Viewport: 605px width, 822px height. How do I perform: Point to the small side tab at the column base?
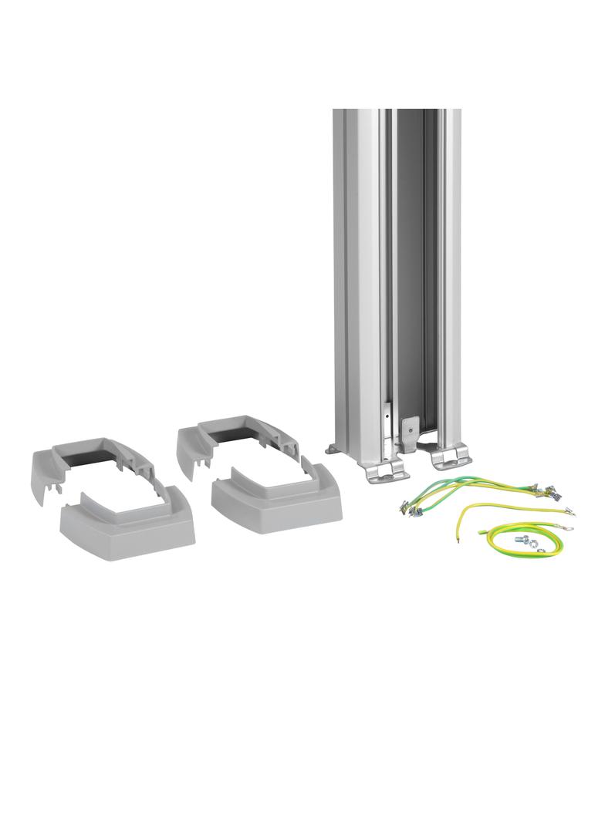[331, 448]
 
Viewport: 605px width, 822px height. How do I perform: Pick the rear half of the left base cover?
[85, 463]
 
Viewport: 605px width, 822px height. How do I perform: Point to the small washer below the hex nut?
[540, 550]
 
